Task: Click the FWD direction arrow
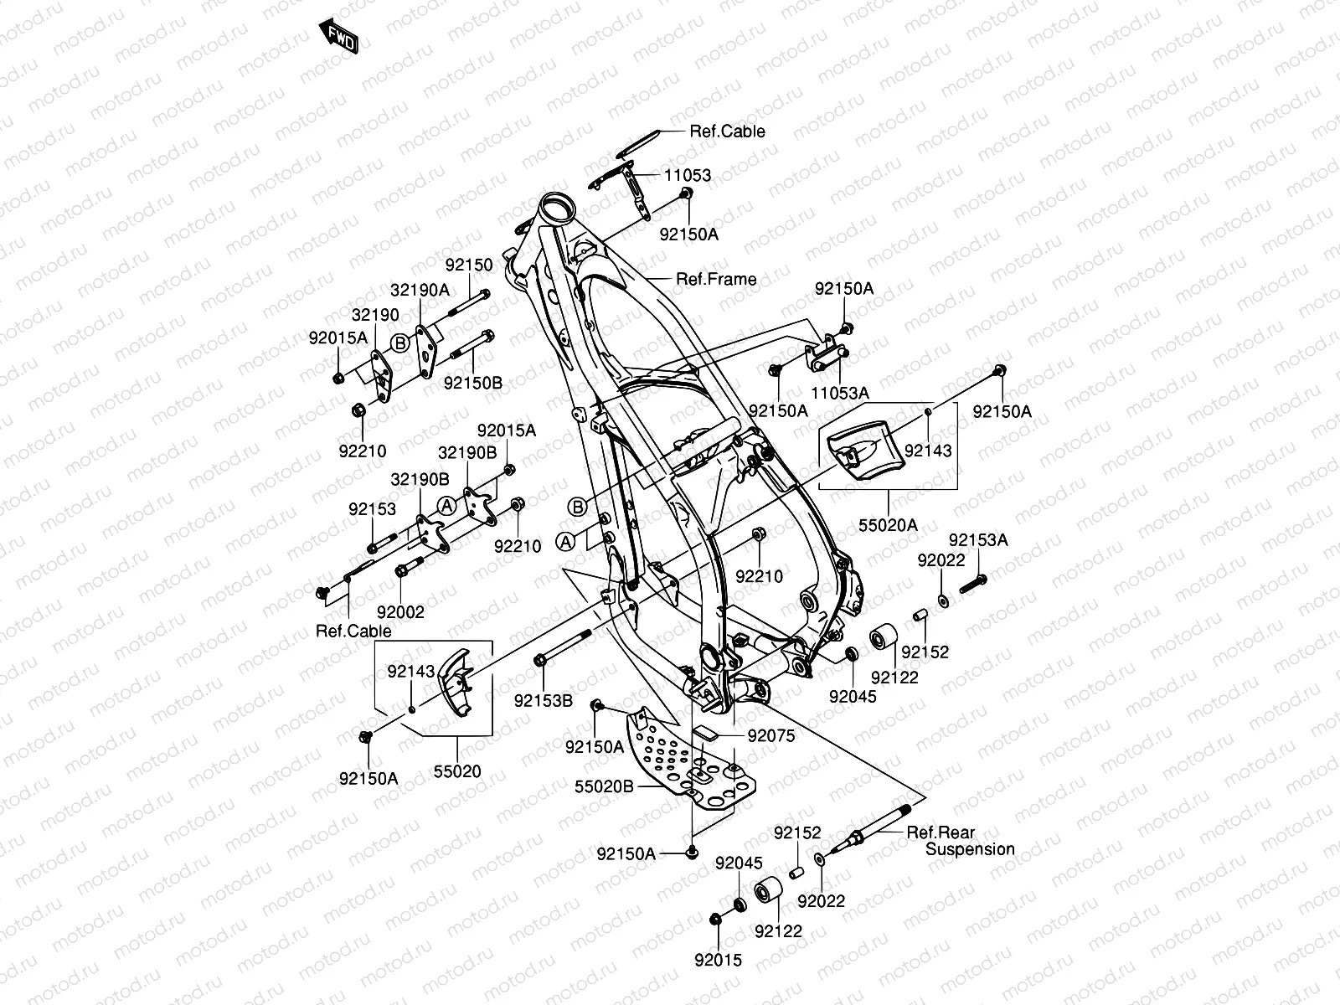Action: pos(339,37)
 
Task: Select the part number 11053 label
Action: pos(688,176)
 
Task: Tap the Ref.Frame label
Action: pos(716,279)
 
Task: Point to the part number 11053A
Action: pos(841,392)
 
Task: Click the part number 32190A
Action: pos(420,290)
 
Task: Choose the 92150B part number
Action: pos(473,383)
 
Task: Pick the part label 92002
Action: pos(400,612)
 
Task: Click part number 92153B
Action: pos(544,700)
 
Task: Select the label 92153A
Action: pos(978,541)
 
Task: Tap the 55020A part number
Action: pos(888,525)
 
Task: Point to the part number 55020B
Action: pos(604,787)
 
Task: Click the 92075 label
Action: pos(770,736)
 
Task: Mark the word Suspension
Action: pos(970,849)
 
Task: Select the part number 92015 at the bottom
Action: pos(718,961)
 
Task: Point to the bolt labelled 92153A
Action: pos(969,583)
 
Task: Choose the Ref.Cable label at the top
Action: pos(727,131)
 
